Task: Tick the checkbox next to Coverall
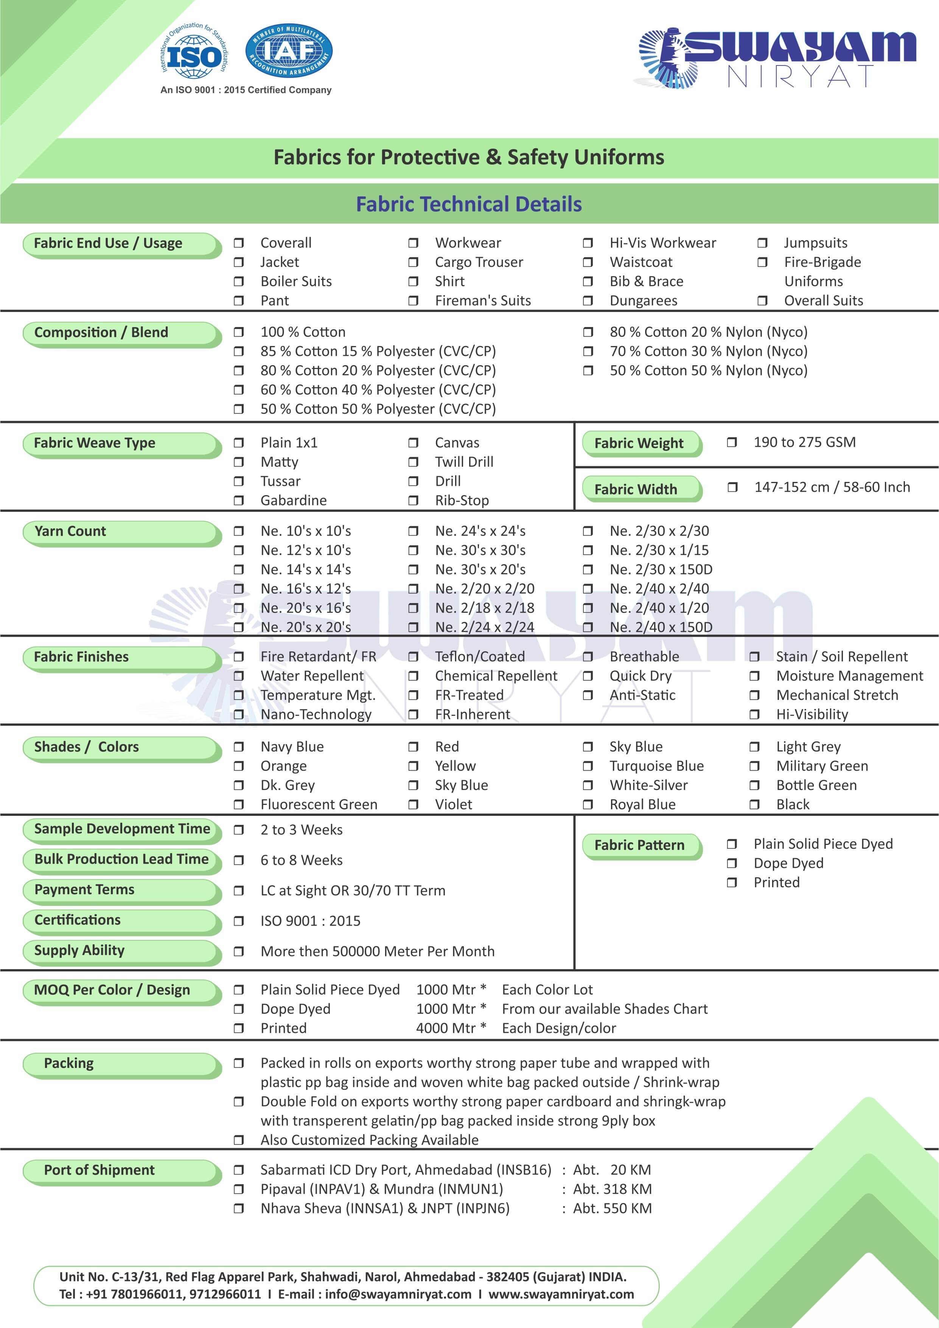[x=238, y=243]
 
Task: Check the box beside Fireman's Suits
[x=413, y=301]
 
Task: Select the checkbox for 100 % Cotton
[x=238, y=332]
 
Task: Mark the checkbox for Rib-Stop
[x=413, y=500]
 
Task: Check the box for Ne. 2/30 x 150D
[x=588, y=570]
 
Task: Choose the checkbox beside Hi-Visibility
[x=754, y=714]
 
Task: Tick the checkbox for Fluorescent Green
[x=238, y=804]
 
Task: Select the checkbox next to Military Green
[x=754, y=766]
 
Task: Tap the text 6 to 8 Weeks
[x=301, y=860]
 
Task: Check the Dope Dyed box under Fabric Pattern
[x=731, y=864]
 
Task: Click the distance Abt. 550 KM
[x=612, y=1208]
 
